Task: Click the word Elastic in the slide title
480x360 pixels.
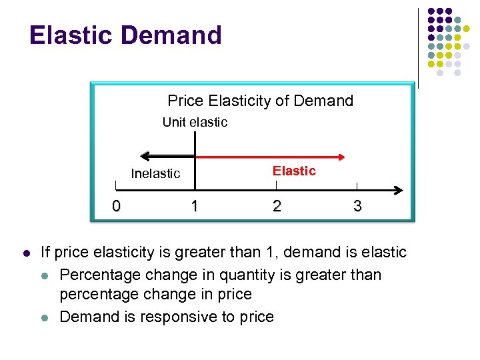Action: (x=69, y=35)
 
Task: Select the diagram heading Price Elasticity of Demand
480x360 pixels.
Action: (x=260, y=101)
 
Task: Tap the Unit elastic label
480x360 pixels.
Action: (x=195, y=122)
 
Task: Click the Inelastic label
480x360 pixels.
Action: (x=155, y=173)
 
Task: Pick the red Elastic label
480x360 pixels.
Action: (x=294, y=171)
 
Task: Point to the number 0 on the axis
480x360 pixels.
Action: (x=116, y=206)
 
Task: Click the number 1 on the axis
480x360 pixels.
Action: (x=194, y=206)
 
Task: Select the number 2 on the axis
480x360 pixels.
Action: (x=277, y=206)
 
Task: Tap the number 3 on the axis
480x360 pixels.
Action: (x=357, y=206)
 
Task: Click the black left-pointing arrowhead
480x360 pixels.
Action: (x=146, y=158)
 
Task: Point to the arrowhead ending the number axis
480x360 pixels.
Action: (x=398, y=189)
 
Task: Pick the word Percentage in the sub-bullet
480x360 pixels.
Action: (x=101, y=275)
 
